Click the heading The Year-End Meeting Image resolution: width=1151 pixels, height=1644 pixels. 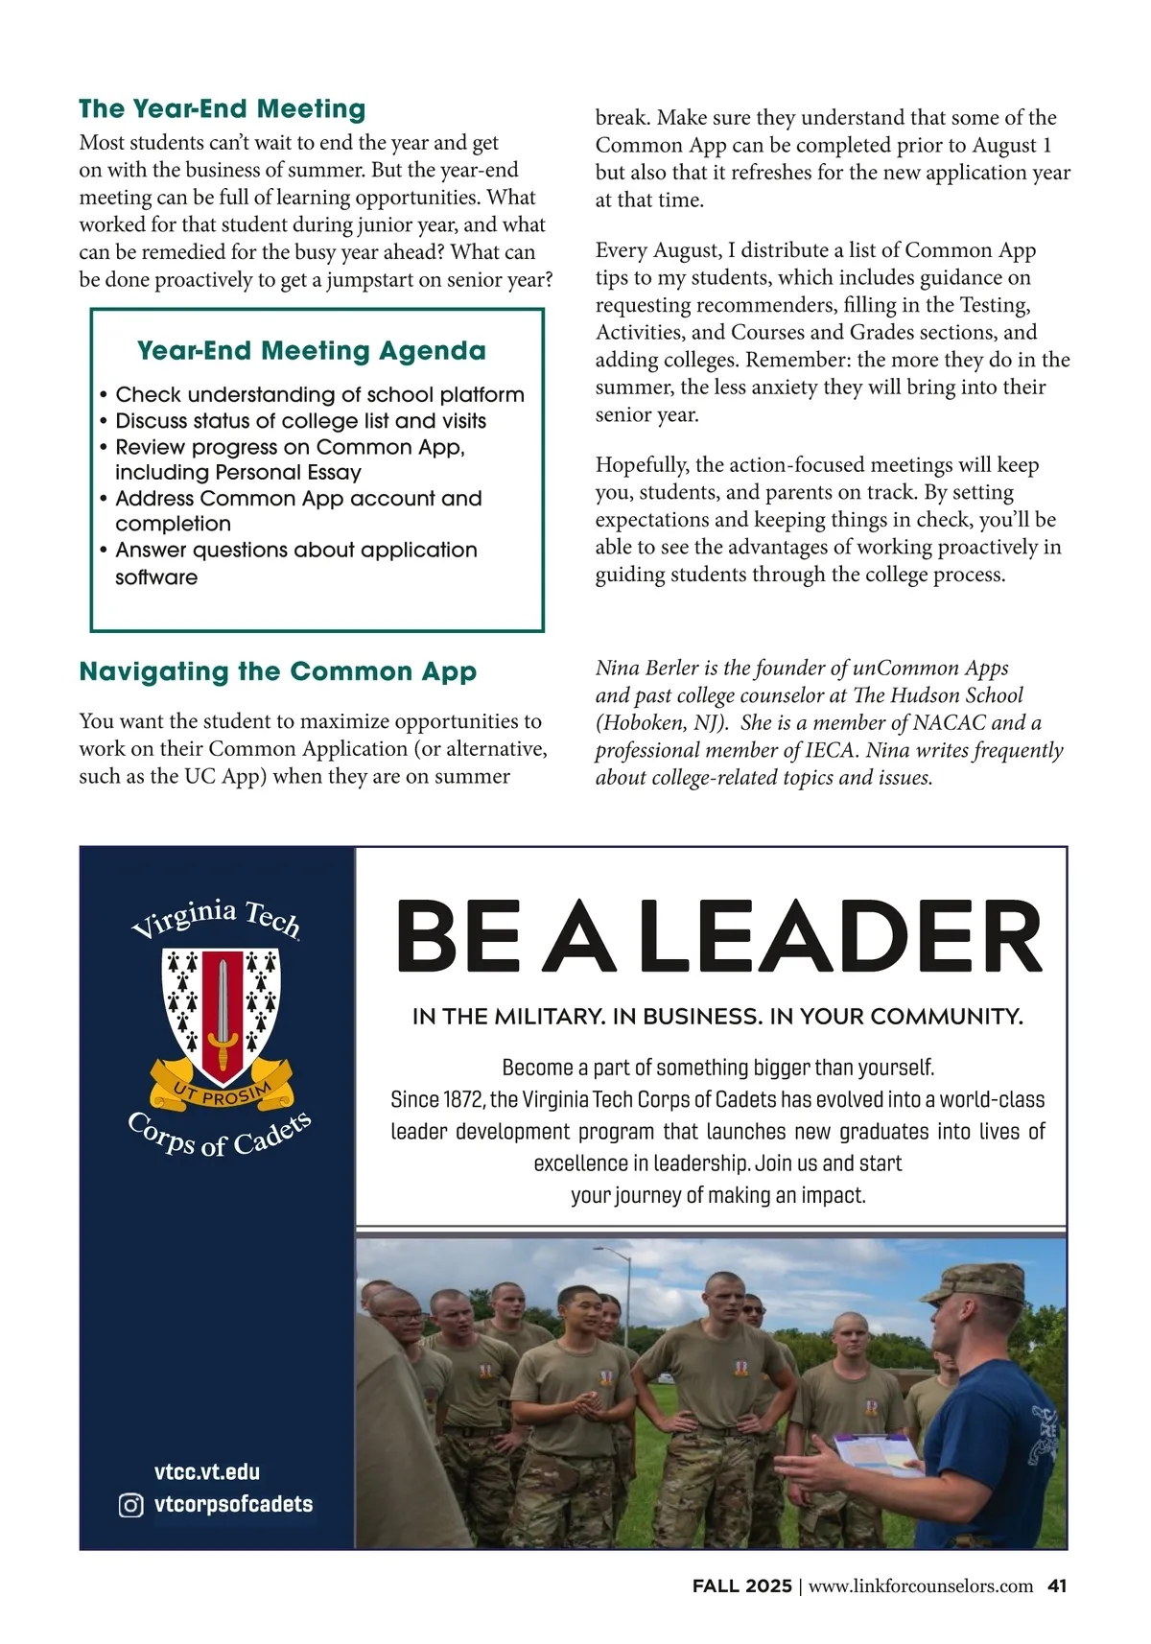click(x=222, y=108)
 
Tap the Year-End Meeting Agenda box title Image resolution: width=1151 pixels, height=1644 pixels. click(x=311, y=350)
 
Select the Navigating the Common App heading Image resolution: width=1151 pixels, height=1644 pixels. click(x=277, y=670)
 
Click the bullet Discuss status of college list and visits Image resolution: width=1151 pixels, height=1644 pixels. click(x=300, y=421)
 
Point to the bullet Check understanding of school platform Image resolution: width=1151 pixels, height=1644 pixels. click(x=319, y=394)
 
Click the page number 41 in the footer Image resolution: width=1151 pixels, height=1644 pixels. click(x=1057, y=1585)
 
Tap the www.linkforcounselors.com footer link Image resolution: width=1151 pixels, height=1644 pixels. click(x=921, y=1585)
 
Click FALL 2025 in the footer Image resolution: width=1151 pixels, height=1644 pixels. click(x=741, y=1585)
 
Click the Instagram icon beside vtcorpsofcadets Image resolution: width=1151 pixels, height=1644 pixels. click(x=130, y=1505)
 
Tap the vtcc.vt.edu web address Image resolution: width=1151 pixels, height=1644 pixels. click(x=206, y=1471)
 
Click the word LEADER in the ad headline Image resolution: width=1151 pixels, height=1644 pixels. click(x=838, y=936)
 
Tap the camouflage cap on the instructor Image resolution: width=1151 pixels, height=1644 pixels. click(x=970, y=1283)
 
